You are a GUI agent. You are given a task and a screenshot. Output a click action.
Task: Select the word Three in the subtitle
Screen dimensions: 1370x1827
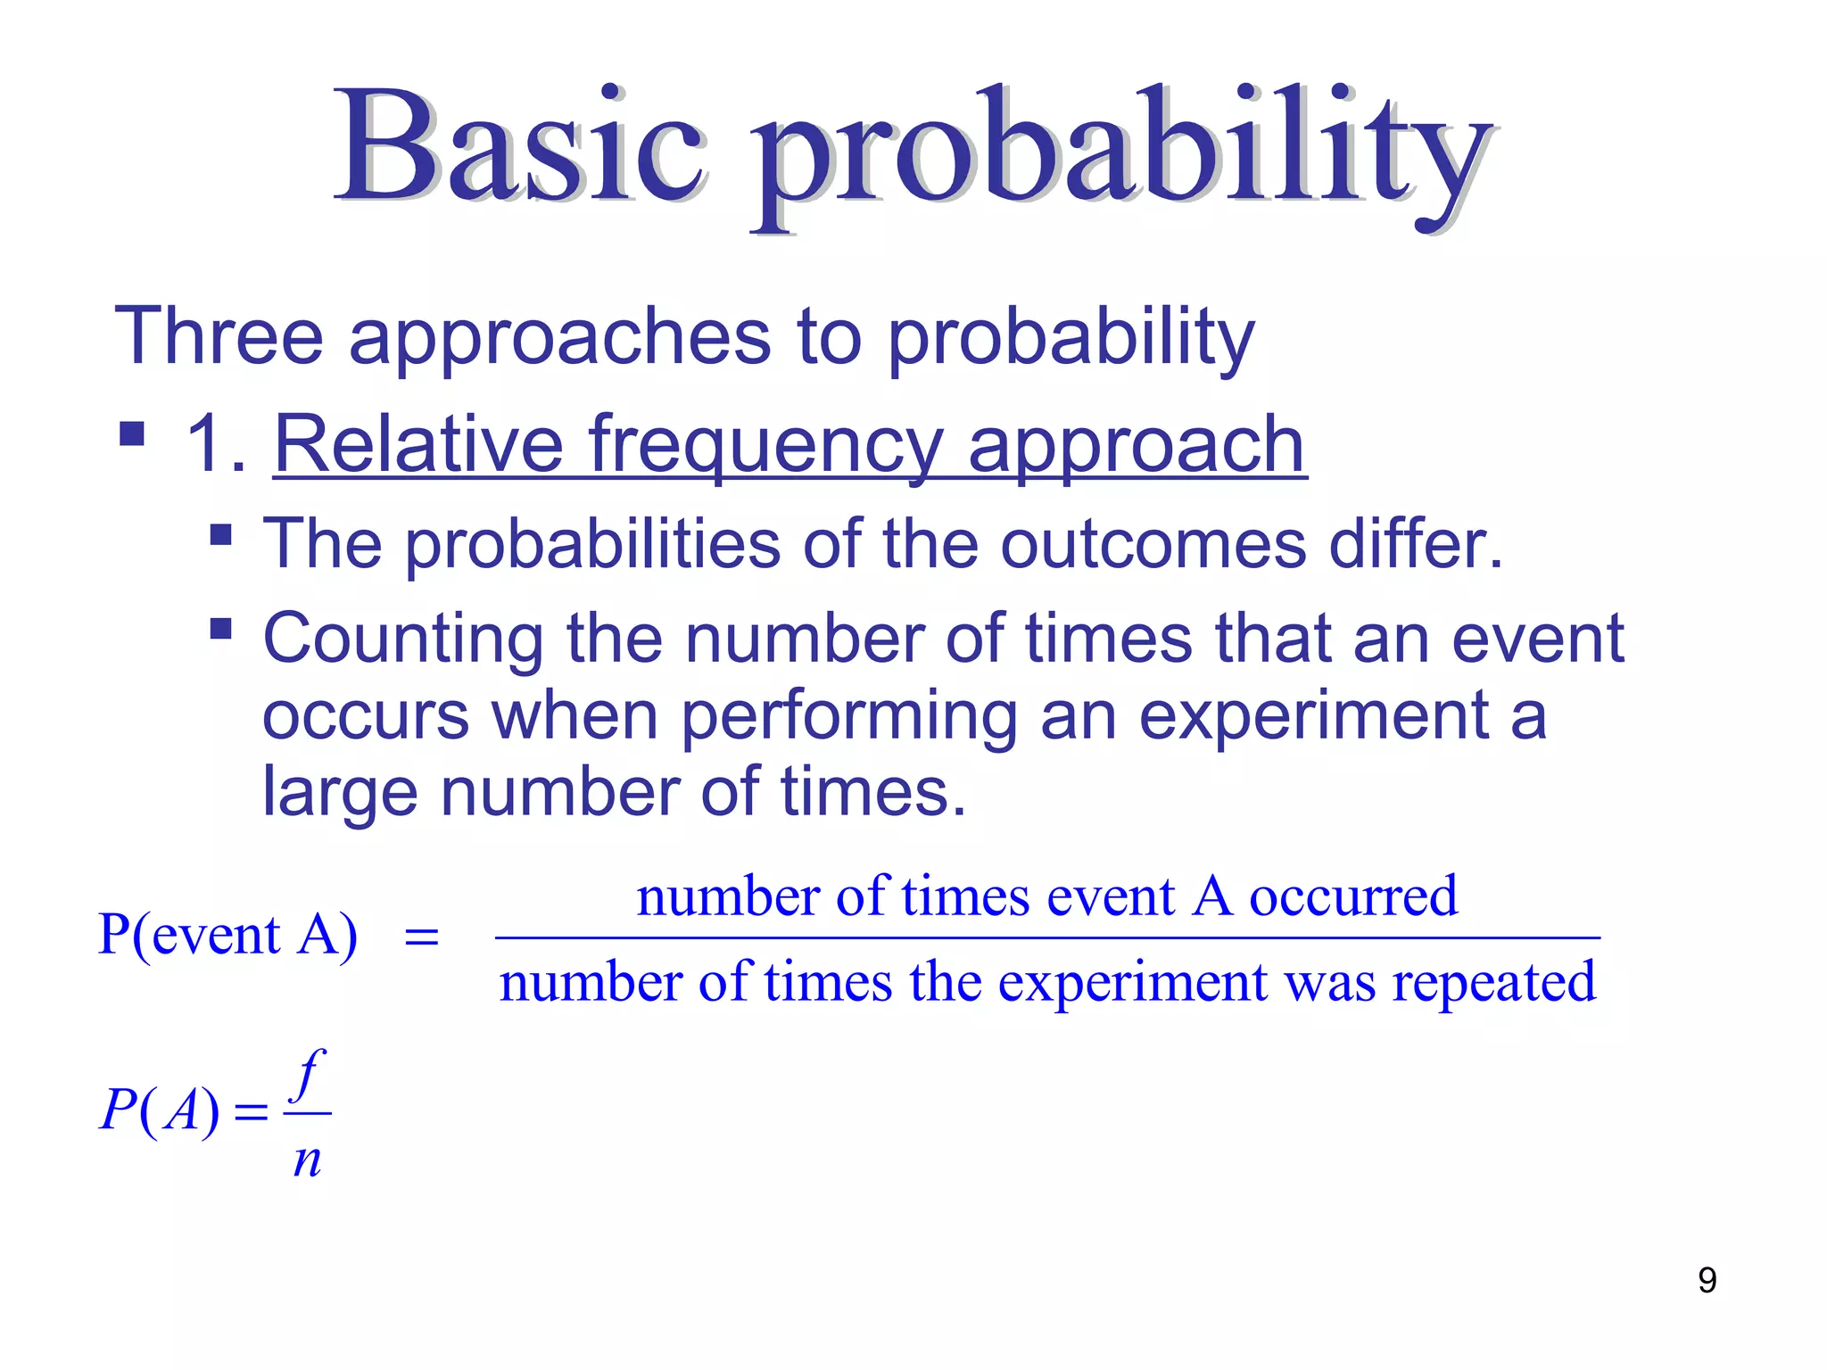(219, 336)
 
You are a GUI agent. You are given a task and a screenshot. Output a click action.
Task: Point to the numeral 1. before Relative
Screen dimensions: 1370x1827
(214, 444)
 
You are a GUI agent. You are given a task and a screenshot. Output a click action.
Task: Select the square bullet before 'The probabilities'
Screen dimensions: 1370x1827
(220, 535)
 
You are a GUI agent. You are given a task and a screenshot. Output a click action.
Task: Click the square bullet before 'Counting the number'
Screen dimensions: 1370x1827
(220, 630)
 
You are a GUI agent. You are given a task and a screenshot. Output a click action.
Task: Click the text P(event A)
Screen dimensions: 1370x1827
(227, 935)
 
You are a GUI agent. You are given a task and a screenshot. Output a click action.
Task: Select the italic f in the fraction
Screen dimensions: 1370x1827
(309, 1075)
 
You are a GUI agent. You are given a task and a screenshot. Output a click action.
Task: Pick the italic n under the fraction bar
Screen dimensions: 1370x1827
(307, 1160)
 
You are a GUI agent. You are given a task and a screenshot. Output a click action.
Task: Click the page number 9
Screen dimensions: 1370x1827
(1707, 1280)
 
